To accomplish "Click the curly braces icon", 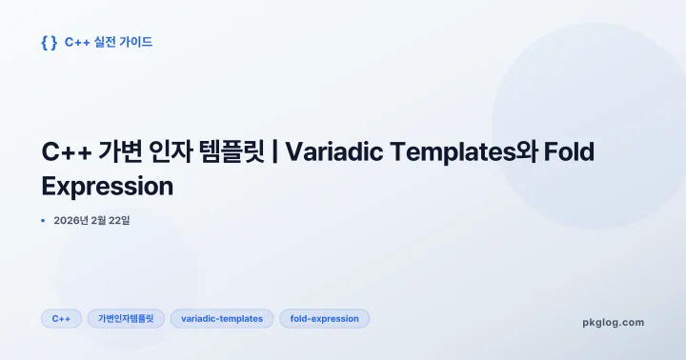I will tap(50, 42).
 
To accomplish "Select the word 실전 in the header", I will tap(106, 42).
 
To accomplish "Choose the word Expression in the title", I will tap(108, 186).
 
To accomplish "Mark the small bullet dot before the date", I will tap(44, 221).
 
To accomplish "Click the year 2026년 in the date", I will tap(71, 221).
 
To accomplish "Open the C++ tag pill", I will tap(61, 319).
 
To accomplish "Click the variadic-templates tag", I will tap(222, 319).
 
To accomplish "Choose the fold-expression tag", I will tap(324, 319).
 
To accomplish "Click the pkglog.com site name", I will tap(613, 323).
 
